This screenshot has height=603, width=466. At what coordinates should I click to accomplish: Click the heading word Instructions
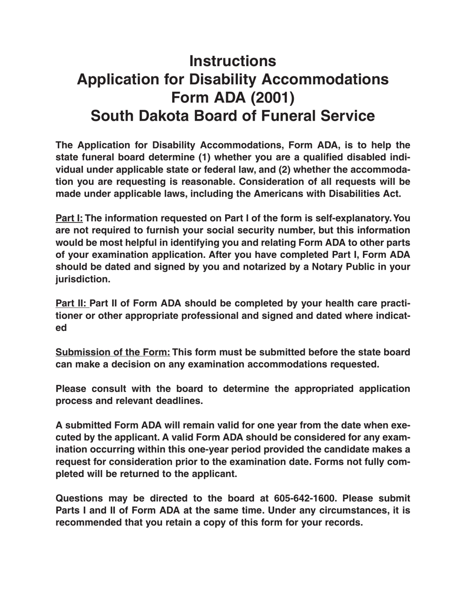point(233,61)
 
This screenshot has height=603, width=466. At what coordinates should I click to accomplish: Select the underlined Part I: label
point(69,218)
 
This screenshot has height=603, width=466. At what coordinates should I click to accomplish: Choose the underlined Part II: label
point(71,303)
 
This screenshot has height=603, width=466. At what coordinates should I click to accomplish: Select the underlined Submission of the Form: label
point(113,352)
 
